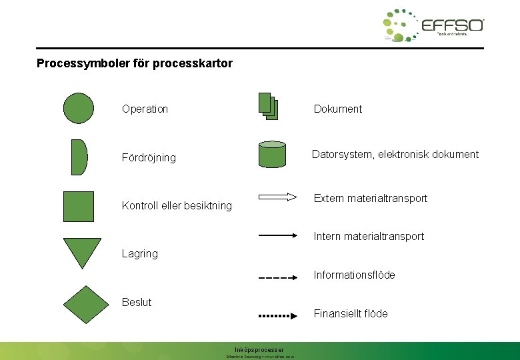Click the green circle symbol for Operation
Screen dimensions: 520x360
(79, 108)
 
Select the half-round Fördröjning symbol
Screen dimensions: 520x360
(79, 157)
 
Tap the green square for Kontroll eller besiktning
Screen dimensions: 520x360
(79, 206)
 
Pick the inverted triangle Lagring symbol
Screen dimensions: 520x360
(82, 251)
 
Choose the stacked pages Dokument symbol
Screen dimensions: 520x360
(267, 107)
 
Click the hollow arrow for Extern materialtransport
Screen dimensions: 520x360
(277, 197)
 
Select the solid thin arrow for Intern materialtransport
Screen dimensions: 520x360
(277, 235)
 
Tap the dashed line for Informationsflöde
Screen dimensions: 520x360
(277, 277)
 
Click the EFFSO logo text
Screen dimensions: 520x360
(453, 25)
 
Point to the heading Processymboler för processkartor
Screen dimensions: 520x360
(135, 64)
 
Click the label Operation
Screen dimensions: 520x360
(145, 109)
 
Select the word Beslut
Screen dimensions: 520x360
(137, 302)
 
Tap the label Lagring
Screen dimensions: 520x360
(140, 253)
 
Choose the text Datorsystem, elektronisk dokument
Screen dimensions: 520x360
(396, 155)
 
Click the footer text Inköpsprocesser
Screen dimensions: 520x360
(259, 349)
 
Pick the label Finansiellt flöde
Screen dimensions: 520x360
(351, 313)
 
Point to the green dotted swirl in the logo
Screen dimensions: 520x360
(399, 25)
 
